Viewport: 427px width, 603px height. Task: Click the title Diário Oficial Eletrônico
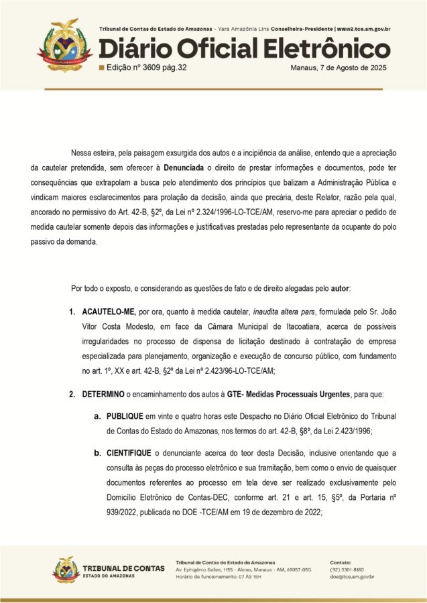pos(245,49)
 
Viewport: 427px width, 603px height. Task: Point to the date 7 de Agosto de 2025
pos(353,68)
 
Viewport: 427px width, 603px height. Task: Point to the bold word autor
pos(340,288)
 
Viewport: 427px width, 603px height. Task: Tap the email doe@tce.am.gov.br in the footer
pos(352,576)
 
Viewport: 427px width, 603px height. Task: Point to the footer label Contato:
pos(341,561)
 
